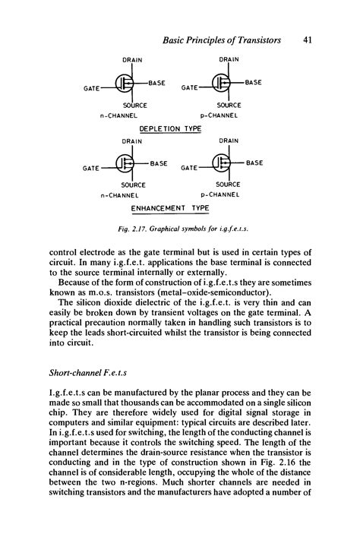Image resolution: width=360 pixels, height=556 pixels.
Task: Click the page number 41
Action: (x=308, y=39)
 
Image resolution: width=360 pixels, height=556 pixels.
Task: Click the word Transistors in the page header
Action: (x=254, y=39)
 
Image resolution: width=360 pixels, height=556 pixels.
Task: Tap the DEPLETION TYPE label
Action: (x=170, y=128)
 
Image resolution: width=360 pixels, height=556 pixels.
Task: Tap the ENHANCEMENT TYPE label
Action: (x=170, y=207)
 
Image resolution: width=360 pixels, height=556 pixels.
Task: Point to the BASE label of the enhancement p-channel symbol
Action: (x=254, y=163)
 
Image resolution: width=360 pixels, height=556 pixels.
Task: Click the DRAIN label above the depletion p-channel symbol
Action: (x=230, y=58)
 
